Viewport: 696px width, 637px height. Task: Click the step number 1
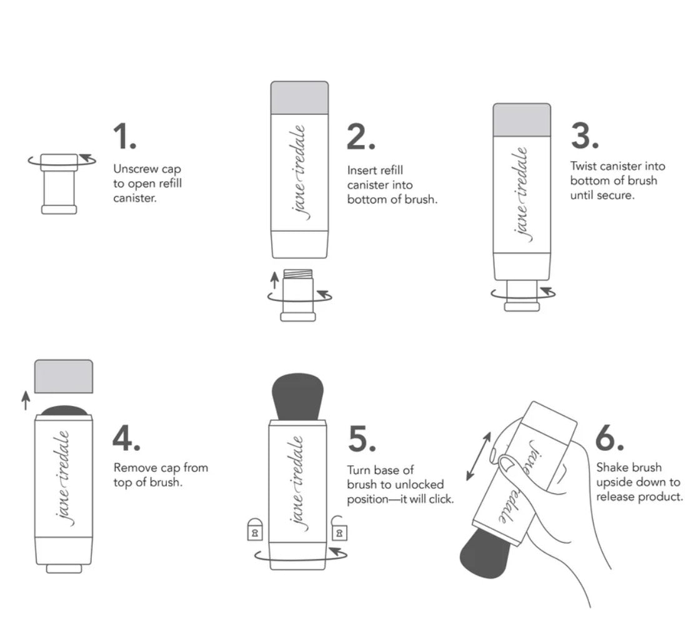point(124,136)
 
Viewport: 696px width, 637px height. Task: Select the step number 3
point(585,136)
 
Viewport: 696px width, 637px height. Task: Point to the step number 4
point(126,438)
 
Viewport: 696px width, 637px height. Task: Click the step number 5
point(362,438)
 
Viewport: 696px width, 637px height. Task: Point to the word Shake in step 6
point(611,467)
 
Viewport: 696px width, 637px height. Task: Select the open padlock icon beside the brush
point(339,528)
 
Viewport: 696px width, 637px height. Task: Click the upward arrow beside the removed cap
point(26,400)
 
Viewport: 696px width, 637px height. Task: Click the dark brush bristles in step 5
point(297,396)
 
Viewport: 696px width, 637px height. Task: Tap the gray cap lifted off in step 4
point(64,376)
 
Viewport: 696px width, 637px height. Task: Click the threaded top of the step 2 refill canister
point(298,274)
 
